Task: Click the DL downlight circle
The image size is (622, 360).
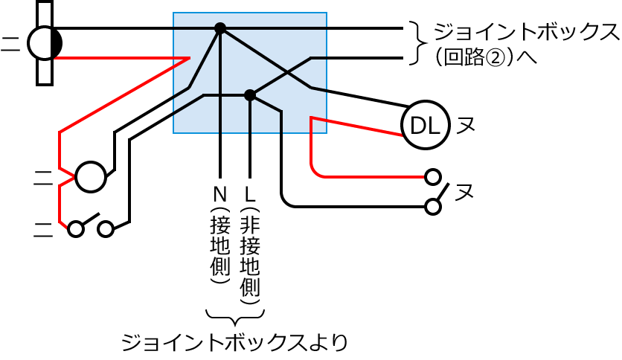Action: (425, 127)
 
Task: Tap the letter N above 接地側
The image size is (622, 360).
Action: (220, 194)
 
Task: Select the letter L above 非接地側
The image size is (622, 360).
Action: (250, 194)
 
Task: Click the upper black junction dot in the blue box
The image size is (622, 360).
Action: (220, 28)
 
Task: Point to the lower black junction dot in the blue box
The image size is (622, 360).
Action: (250, 94)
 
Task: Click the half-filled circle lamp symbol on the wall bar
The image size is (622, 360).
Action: (45, 43)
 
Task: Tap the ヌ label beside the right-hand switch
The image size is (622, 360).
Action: (465, 193)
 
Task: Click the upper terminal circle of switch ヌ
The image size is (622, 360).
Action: (432, 177)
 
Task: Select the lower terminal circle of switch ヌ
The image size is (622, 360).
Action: (432, 206)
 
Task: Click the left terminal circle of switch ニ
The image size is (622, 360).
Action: (75, 229)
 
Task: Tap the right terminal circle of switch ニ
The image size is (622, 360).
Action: (106, 229)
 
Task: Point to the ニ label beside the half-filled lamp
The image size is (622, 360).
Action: (10, 43)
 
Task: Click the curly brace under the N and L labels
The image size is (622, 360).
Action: (234, 315)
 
